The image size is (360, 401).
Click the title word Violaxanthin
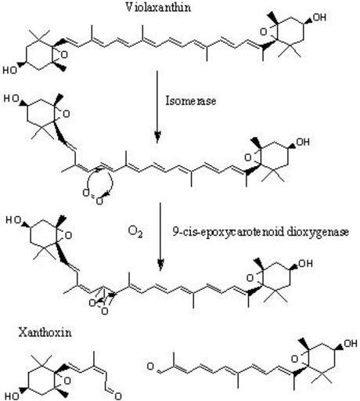158,7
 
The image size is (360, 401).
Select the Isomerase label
191,100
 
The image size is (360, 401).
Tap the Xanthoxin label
45,333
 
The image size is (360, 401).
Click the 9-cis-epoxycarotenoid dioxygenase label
261,232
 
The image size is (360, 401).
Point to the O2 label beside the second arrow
135,232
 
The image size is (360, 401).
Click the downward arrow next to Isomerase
157,107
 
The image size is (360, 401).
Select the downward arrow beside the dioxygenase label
160,237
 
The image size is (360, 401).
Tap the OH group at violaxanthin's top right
319,17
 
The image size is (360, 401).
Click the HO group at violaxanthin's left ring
9,70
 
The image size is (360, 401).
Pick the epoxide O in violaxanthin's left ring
64,55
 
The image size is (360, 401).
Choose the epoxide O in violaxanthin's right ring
264,32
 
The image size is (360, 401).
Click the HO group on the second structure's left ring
11,99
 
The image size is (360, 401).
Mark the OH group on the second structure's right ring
303,142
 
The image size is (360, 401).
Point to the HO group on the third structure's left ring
13,220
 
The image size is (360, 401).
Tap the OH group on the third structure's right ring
305,264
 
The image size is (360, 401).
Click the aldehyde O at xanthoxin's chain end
118,396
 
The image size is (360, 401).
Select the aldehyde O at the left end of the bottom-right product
150,367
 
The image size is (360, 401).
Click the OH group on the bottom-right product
351,343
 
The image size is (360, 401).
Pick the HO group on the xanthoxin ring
12,396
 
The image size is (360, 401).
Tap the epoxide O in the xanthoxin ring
67,381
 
